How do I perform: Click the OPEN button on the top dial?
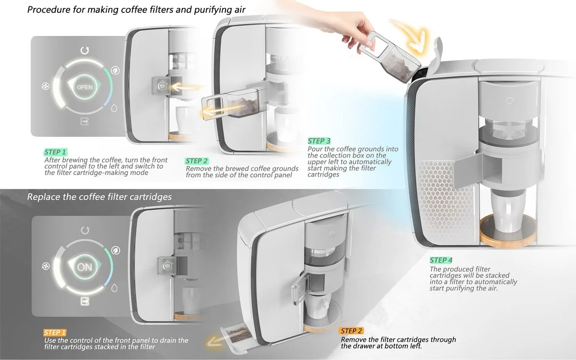(84, 87)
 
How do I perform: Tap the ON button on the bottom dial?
(84, 267)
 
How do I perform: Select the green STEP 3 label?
(319, 141)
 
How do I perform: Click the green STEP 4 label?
(441, 261)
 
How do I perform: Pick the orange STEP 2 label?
(351, 331)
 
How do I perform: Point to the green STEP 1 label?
(56, 152)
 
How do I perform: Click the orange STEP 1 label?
(55, 332)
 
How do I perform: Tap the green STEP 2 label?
(197, 161)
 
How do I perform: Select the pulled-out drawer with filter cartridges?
(235, 333)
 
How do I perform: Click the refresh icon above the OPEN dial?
(85, 50)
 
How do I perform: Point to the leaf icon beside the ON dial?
(115, 250)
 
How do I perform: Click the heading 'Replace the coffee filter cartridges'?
(99, 197)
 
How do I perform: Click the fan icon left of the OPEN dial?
(46, 87)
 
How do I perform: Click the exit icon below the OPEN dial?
(84, 122)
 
